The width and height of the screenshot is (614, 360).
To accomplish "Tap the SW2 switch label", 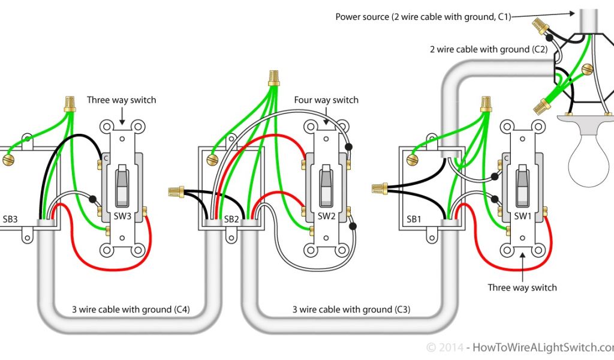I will [x=326, y=216].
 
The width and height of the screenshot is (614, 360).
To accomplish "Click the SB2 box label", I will [x=232, y=220].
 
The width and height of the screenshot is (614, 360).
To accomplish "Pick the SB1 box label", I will [x=414, y=220].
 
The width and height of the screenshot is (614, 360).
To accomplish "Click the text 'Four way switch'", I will [x=326, y=100].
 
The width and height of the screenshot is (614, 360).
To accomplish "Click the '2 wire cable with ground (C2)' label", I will [x=488, y=49].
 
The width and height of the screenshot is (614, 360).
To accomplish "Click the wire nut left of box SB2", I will [x=176, y=191].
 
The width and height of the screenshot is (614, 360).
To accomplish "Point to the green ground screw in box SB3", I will [x=8, y=160].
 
